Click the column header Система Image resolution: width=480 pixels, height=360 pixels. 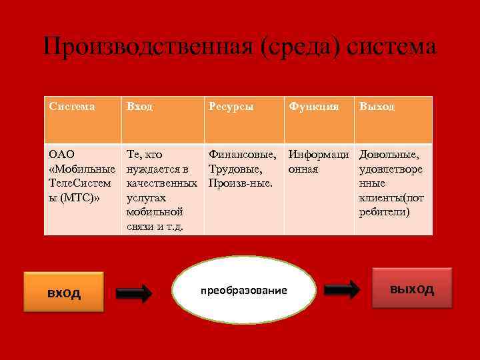pos(72,107)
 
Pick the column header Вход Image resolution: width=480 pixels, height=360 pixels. pos(139,107)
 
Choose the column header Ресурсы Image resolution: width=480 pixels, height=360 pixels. pos(231,107)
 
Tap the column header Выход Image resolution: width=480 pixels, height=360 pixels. pos(377,107)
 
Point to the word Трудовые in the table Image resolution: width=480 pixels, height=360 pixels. pos(236,169)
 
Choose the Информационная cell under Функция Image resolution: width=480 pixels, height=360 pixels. pos(319,162)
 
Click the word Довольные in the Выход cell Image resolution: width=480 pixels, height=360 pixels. pos(389,155)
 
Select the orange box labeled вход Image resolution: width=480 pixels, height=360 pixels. pos(63,292)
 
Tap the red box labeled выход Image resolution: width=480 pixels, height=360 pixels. pos(411,288)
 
